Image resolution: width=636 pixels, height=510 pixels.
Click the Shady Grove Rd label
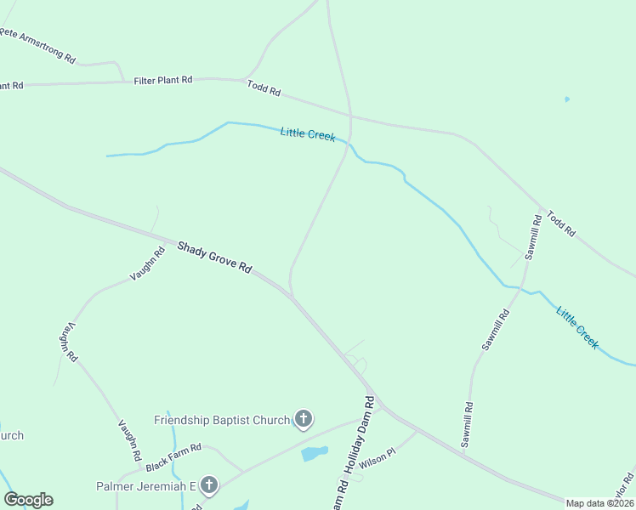click(215, 257)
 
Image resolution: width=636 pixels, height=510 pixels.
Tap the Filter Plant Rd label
click(163, 80)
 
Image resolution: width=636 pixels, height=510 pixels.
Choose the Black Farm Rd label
click(173, 457)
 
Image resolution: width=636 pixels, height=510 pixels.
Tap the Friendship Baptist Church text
click(222, 420)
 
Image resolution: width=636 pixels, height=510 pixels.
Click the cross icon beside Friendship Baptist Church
click(303, 418)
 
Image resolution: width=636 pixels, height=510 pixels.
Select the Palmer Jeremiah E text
click(145, 486)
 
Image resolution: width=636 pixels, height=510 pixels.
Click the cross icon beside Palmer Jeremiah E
click(208, 485)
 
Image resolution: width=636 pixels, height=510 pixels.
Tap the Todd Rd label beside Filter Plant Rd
click(264, 88)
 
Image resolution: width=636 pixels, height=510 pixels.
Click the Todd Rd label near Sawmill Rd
click(561, 224)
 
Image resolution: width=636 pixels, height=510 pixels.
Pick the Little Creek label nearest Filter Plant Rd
click(308, 133)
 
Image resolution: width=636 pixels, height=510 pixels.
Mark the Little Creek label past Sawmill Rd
click(578, 327)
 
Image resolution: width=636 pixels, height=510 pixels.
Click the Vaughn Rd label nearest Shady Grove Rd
click(147, 263)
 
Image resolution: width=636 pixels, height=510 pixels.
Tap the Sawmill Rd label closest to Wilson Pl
click(467, 425)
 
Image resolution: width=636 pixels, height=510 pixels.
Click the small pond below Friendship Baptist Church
click(314, 453)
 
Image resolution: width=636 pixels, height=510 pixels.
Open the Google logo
click(28, 500)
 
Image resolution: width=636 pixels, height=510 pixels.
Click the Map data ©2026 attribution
click(600, 503)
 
